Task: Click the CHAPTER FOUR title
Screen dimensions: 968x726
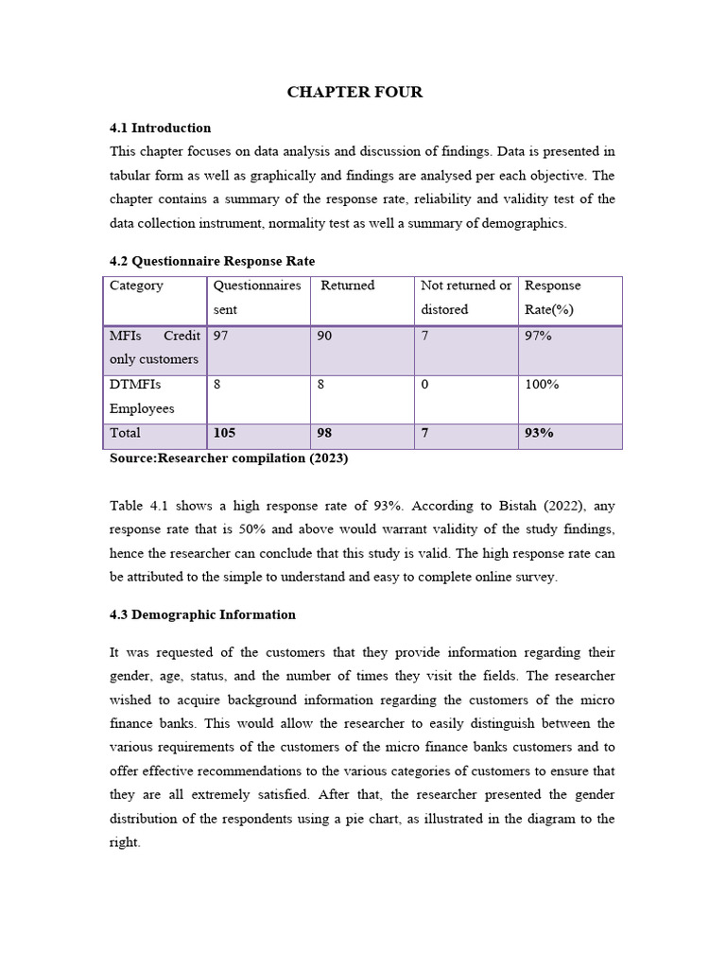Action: coord(354,92)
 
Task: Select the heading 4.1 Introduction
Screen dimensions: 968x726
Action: coord(160,128)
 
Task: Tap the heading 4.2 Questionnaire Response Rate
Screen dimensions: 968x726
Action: coord(212,261)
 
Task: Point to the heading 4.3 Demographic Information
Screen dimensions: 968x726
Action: coord(202,614)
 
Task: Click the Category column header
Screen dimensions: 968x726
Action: coord(136,285)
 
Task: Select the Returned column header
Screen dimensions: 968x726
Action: coord(348,285)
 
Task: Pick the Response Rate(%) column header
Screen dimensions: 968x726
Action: coord(553,298)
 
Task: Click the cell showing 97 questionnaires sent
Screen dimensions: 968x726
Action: coord(222,336)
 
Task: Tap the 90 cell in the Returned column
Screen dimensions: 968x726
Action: coord(325,336)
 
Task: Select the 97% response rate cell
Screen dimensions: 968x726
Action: coord(538,336)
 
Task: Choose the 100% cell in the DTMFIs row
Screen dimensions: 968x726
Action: coord(542,385)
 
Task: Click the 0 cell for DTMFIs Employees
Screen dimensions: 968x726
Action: coord(425,385)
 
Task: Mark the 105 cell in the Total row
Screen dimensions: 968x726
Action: coord(225,433)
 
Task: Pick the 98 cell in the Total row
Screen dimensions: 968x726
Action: coord(325,433)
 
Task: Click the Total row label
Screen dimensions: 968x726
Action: coord(125,433)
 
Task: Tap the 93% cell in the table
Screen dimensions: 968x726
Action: coord(539,433)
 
